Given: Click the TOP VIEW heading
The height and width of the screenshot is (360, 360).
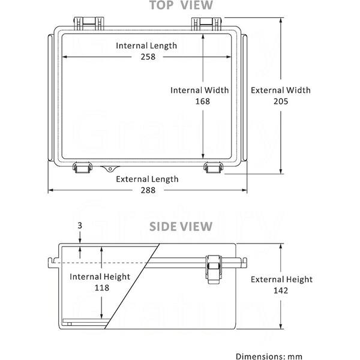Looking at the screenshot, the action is (181, 5).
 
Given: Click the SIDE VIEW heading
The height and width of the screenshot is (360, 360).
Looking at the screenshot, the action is (181, 227).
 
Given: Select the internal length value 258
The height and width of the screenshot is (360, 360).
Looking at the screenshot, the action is (148, 57).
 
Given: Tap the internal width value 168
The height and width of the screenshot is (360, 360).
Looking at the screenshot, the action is (203, 101).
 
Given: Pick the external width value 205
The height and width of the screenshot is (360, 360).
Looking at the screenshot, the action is (281, 101).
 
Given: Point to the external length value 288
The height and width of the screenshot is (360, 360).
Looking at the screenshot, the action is (148, 190).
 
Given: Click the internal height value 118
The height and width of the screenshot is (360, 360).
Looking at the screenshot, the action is (102, 287).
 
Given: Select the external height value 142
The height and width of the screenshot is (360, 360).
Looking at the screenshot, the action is (281, 290).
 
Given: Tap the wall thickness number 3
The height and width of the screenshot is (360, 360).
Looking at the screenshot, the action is (80, 226).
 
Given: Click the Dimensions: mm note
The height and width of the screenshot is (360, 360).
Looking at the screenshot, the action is (269, 356).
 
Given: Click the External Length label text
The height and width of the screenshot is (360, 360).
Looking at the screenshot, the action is (147, 179).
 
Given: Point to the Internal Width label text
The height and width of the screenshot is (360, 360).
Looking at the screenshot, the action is (200, 90).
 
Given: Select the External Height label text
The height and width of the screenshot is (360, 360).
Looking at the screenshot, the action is (281, 280).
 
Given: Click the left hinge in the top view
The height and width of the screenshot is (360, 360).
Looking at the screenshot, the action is (89, 23).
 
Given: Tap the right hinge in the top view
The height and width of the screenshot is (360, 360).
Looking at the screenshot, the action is (206, 23).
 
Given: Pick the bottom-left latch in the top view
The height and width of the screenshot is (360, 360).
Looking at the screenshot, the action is (82, 167).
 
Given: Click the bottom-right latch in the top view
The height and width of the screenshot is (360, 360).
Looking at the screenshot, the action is (213, 167).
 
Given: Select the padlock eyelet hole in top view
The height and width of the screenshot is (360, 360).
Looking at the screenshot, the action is (110, 169).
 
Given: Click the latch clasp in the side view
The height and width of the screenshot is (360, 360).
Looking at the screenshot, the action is (214, 269).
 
